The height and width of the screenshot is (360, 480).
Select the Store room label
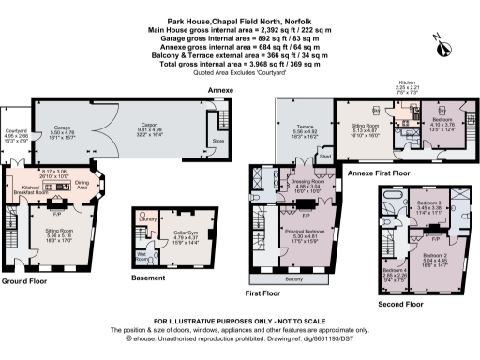218,142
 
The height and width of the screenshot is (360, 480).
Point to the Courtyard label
16,130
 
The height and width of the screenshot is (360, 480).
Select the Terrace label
304,127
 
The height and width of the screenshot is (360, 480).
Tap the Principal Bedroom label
302,232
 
